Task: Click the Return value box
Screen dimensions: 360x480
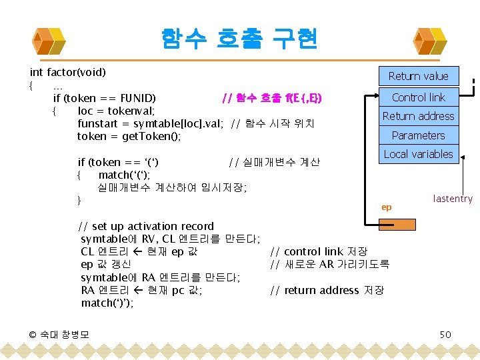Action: coord(418,76)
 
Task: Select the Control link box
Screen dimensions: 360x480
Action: coord(418,97)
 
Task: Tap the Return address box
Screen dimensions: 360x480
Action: coord(418,116)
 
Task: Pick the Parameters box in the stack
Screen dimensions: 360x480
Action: coord(418,135)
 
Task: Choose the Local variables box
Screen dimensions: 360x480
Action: coord(418,154)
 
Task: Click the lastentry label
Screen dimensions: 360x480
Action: coord(453,199)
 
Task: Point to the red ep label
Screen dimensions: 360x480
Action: coord(386,207)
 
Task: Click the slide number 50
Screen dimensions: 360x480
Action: coord(445,334)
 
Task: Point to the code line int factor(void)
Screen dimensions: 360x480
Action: coord(68,72)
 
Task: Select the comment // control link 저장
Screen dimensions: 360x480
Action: coord(319,251)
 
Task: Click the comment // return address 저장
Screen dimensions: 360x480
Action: coord(327,290)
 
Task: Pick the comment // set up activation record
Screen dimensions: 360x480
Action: coord(146,226)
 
